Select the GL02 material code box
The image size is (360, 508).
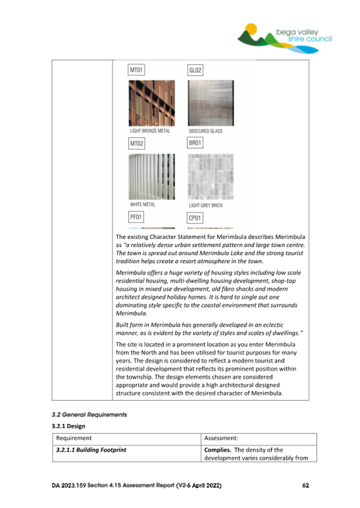point(196,70)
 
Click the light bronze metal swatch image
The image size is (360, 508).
point(151,103)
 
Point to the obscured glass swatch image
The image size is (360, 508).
point(211,103)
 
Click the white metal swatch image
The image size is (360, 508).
point(151,176)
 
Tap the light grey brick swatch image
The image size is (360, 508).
point(211,176)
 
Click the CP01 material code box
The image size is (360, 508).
point(196,217)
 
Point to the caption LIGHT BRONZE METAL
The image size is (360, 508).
point(150,131)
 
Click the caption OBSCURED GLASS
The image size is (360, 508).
point(206,131)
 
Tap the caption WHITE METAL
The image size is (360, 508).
point(142,205)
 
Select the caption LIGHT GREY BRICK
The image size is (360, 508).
point(206,205)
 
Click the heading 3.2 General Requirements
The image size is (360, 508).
point(89,415)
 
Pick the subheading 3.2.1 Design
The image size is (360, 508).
point(68,426)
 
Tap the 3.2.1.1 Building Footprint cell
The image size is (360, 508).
point(91,450)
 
